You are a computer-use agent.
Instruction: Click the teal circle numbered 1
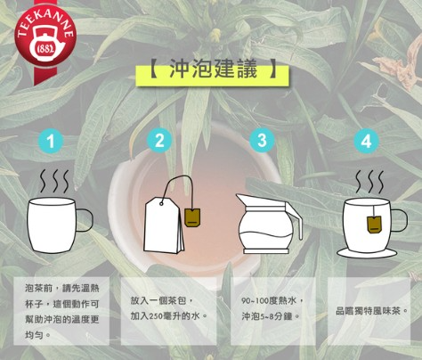coord(51,141)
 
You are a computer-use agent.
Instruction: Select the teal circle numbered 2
coord(159,141)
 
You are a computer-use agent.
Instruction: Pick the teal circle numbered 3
coord(262,140)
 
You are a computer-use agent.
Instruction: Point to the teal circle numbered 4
coord(366,141)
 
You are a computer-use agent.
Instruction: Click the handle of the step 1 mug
coord(85,220)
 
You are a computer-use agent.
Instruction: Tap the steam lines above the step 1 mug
coord(54,181)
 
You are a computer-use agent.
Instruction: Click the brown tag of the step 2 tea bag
coord(192,217)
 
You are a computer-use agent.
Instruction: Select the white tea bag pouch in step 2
coord(164,225)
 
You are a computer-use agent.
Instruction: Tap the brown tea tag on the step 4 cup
coord(374,225)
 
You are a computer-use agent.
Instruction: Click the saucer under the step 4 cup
coord(367,253)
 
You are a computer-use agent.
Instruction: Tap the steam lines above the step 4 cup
coord(369,182)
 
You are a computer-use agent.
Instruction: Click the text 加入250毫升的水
coord(169,316)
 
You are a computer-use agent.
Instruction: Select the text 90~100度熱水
coord(272,301)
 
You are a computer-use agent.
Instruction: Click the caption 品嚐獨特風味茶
coord(372,311)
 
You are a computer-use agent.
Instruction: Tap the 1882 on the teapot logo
coord(45,48)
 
